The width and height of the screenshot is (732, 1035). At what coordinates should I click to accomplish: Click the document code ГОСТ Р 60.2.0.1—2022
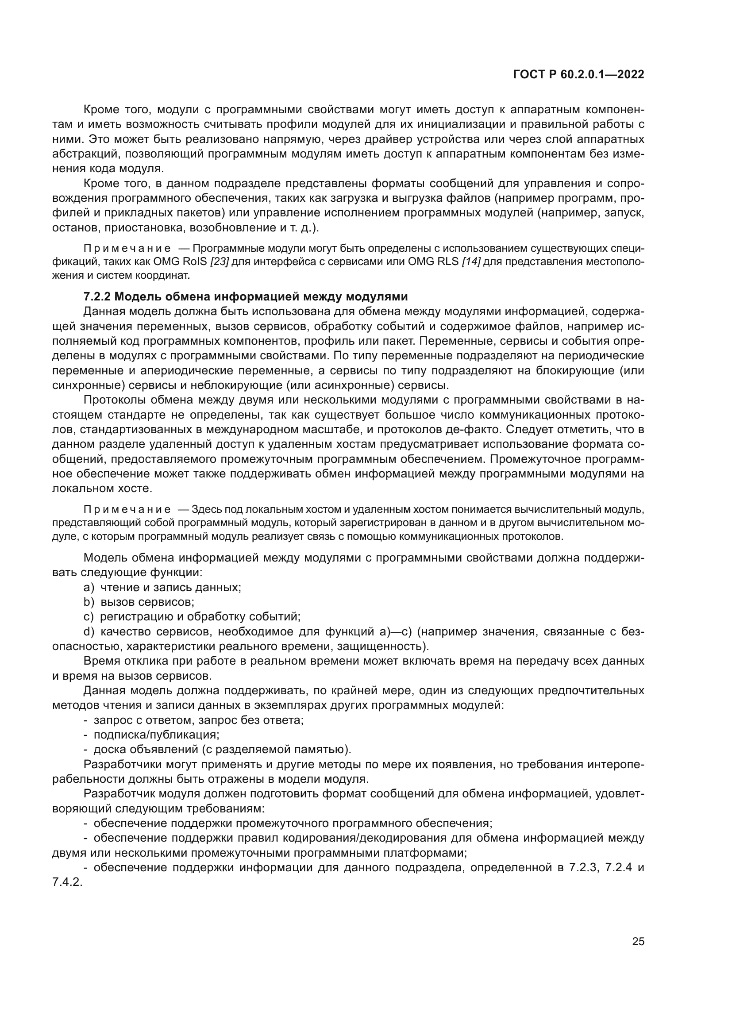tap(578, 75)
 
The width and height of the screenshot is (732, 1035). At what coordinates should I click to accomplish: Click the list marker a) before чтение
tap(89, 587)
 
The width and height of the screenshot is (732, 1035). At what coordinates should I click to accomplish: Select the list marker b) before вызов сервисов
tap(89, 602)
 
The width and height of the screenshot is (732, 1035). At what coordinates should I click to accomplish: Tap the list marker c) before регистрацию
tap(89, 617)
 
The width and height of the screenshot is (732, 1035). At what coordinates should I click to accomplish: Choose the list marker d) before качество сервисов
tap(89, 631)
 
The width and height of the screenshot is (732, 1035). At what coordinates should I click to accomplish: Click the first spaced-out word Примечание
tap(127, 249)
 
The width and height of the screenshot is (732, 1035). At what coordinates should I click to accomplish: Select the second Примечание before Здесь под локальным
tap(127, 510)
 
